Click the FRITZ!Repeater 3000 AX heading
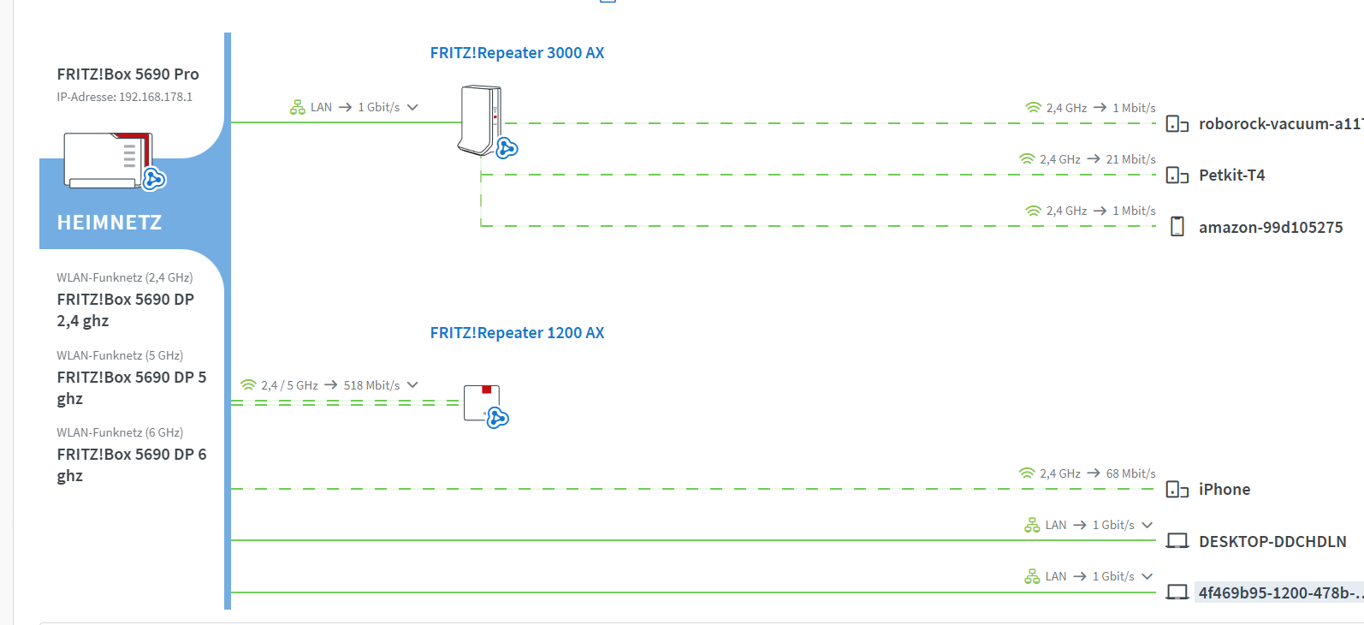(x=517, y=53)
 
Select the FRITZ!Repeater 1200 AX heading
(x=517, y=332)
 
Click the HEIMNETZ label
(x=110, y=223)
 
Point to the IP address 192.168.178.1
(x=155, y=97)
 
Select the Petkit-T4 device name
(x=1232, y=176)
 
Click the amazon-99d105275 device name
(x=1271, y=227)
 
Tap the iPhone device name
(x=1225, y=489)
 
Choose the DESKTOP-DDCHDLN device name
(x=1272, y=541)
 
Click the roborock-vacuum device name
(x=1281, y=124)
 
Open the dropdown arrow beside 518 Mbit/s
(x=412, y=385)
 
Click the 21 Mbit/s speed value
(x=1130, y=159)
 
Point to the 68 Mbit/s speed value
(x=1130, y=473)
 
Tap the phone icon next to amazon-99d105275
(x=1177, y=227)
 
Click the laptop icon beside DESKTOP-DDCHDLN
(x=1177, y=541)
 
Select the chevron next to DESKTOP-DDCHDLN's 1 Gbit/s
(x=1148, y=525)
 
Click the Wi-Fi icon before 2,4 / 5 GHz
(x=248, y=385)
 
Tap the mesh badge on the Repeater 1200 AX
(x=497, y=418)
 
